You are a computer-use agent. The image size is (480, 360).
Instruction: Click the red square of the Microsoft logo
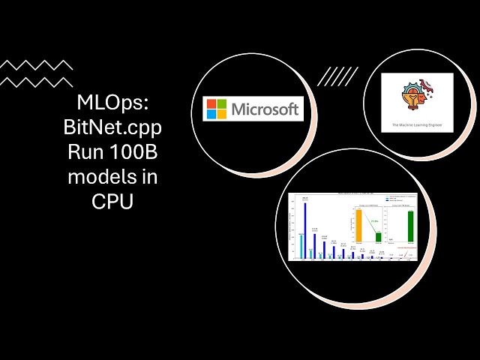212,103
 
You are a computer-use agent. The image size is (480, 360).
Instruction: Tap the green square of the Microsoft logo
222,103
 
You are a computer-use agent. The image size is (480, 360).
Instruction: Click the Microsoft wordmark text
265,109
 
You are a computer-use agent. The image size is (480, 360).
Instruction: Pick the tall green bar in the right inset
410,226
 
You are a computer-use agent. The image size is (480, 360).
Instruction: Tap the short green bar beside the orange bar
377,237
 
